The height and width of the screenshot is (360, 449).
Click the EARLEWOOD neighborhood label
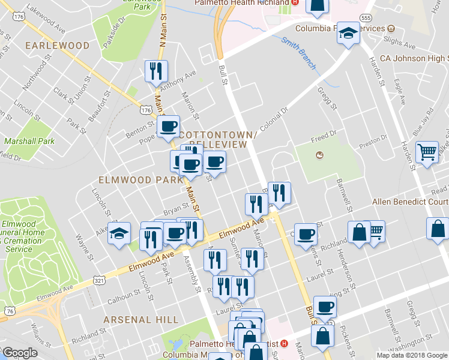click(57, 46)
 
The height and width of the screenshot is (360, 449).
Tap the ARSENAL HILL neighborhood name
click(133, 319)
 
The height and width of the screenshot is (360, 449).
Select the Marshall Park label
click(29, 142)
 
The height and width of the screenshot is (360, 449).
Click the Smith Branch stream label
click(298, 53)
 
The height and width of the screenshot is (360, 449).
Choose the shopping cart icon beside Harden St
click(427, 153)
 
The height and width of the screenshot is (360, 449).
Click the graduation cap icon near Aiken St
click(119, 233)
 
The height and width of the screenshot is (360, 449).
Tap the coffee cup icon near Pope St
click(167, 126)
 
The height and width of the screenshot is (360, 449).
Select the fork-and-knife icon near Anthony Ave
click(156, 71)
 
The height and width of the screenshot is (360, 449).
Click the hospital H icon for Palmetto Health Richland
click(295, 3)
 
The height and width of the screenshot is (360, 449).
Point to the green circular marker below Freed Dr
click(319, 156)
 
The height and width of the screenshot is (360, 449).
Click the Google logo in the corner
click(20, 352)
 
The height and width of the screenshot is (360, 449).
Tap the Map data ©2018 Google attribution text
click(412, 355)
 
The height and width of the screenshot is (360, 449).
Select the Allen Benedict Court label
click(411, 202)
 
